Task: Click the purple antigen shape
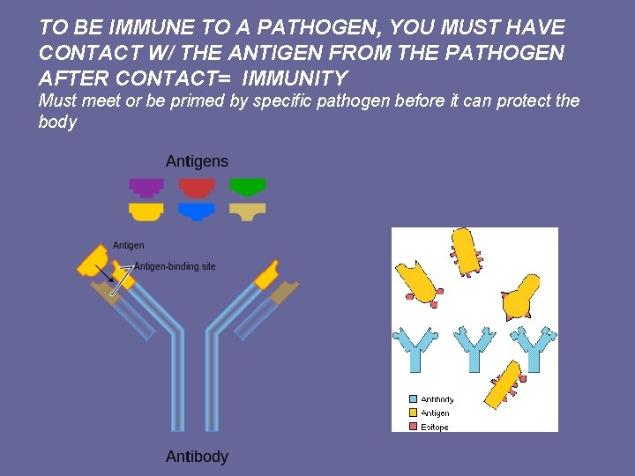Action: click(146, 187)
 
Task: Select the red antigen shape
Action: click(197, 187)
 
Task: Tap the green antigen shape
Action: click(247, 187)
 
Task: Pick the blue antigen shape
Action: click(197, 211)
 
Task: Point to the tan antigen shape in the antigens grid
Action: click(247, 212)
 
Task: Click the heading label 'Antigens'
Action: click(197, 161)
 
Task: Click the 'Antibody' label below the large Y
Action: click(197, 457)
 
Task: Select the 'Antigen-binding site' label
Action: click(175, 266)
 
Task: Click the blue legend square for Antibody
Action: click(413, 399)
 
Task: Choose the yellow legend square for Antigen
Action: click(413, 413)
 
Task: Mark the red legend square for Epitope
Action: click(413, 427)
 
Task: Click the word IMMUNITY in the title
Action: click(298, 78)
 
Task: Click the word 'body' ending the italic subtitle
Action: click(57, 122)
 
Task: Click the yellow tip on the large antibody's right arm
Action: click(266, 274)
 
